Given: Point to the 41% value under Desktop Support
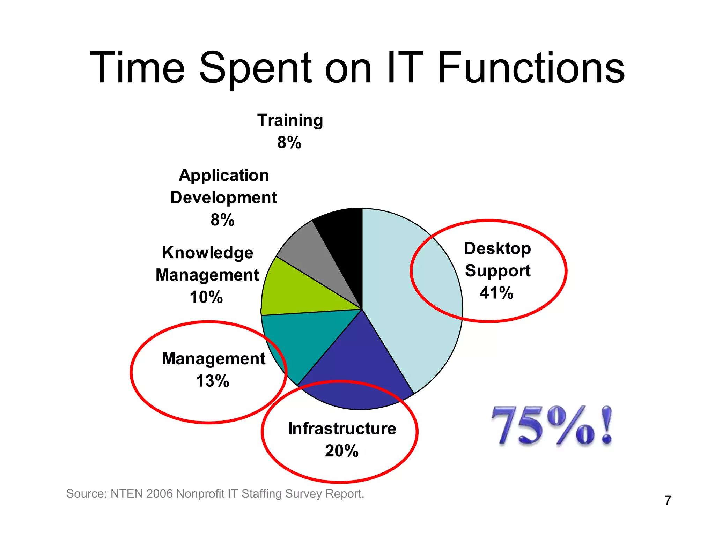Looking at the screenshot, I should [x=496, y=293].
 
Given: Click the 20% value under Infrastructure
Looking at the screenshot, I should [x=341, y=451].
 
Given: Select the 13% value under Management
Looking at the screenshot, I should [x=212, y=381].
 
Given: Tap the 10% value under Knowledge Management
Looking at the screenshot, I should [x=206, y=297].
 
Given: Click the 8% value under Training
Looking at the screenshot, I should [x=289, y=142].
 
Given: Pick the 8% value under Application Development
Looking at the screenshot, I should [x=222, y=220].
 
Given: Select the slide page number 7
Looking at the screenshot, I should [x=668, y=500].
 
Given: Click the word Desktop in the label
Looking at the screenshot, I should [x=497, y=249].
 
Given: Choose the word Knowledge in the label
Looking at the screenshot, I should [x=207, y=253].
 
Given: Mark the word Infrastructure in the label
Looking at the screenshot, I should [x=342, y=429].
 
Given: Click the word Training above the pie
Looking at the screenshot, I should [x=290, y=120].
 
